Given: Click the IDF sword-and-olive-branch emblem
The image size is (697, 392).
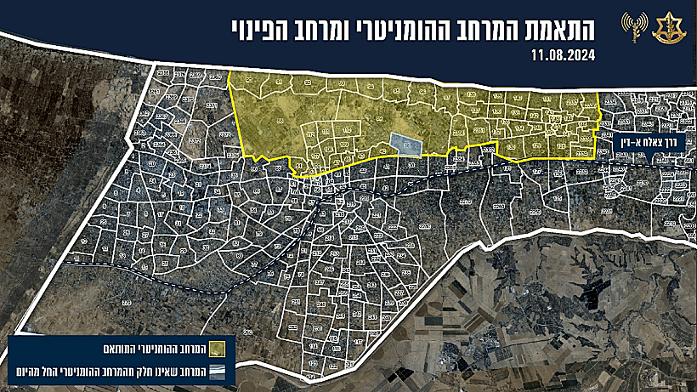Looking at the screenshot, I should [666, 28].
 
